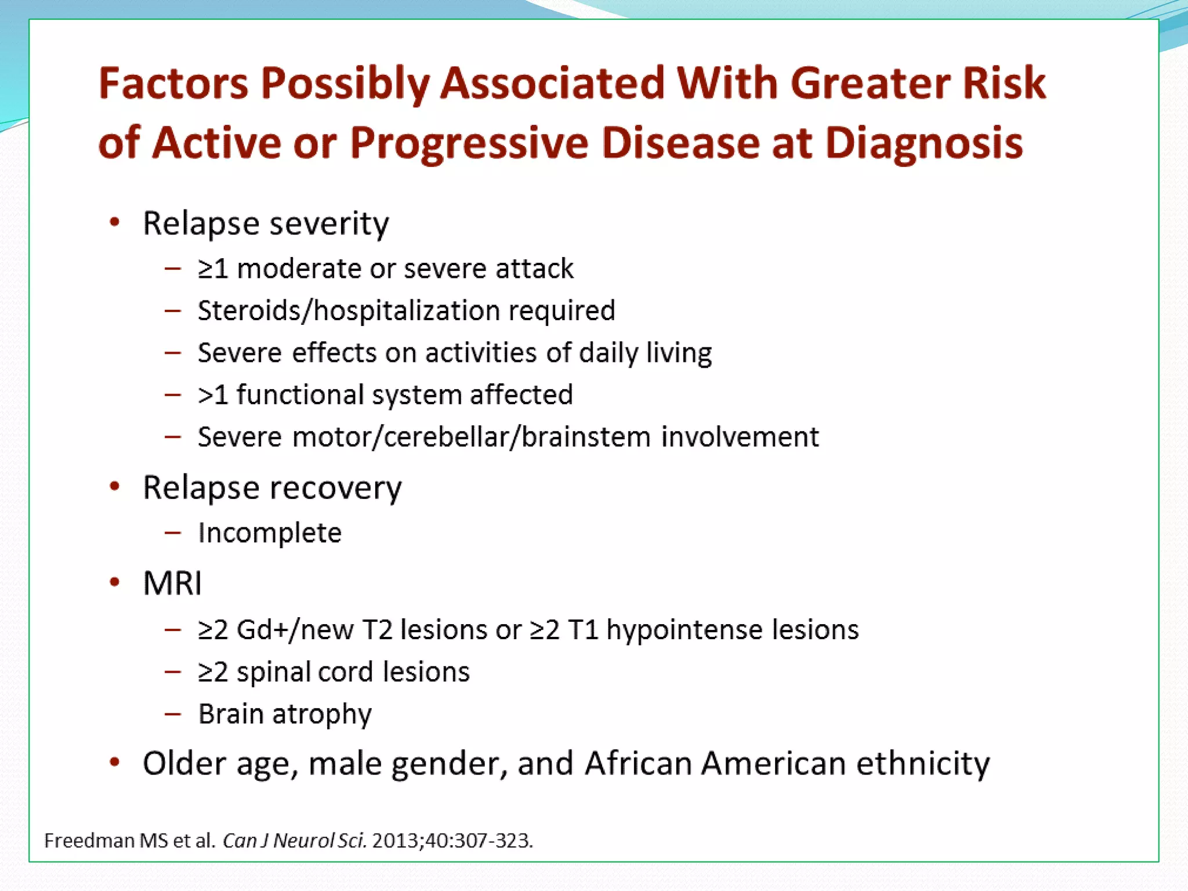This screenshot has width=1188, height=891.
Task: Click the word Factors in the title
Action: [x=173, y=83]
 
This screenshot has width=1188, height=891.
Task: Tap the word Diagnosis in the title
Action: [x=923, y=143]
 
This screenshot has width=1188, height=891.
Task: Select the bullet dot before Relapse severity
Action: [x=115, y=223]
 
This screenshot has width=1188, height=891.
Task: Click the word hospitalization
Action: [x=407, y=311]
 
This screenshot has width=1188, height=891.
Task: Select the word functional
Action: [x=299, y=395]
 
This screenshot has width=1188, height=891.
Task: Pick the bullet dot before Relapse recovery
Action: [x=115, y=487]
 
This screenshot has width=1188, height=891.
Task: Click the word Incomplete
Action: [x=270, y=533]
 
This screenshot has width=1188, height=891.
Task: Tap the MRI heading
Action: [x=172, y=583]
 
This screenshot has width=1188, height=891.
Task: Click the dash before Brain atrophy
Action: [x=172, y=714]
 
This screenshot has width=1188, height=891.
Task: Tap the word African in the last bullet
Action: [x=638, y=763]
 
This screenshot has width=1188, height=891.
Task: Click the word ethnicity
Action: [x=923, y=763]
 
